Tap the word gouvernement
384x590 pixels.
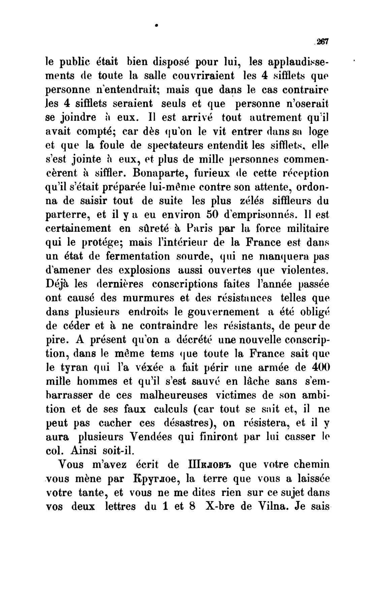coord(223,312)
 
